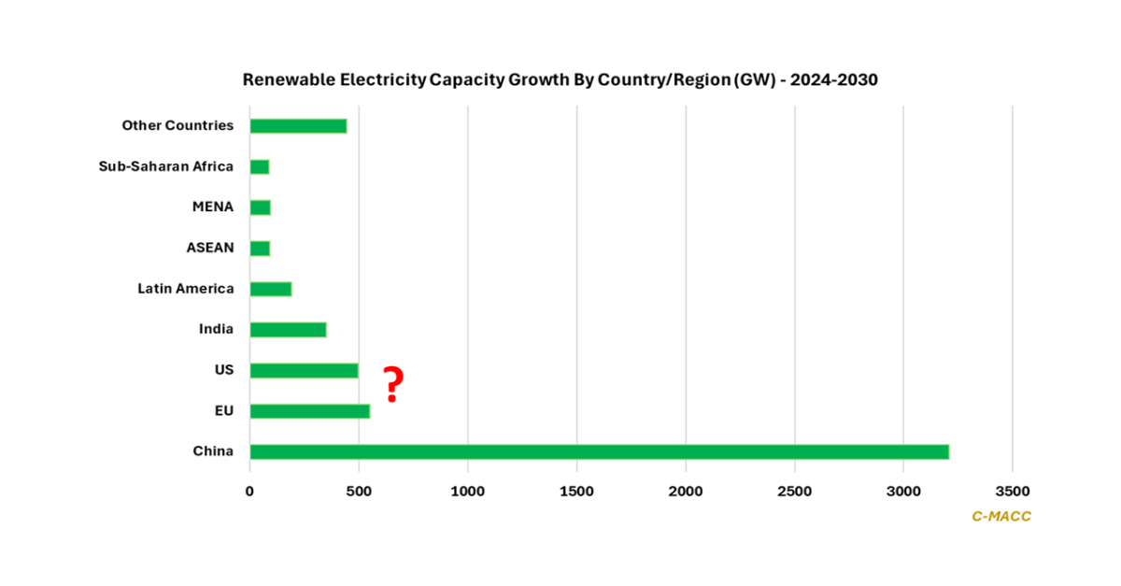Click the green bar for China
[x=599, y=452]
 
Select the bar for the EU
[x=309, y=411]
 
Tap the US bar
[x=304, y=370]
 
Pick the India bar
[x=288, y=330]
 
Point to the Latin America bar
[x=271, y=289]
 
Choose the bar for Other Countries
[x=298, y=126]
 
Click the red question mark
[x=393, y=385]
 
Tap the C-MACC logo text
[x=1001, y=516]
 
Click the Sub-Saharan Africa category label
[x=166, y=166]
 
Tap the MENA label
[x=213, y=207]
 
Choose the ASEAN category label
[x=210, y=248]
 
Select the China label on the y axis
[x=213, y=451]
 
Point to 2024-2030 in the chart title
[x=833, y=80]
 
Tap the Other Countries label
[x=177, y=125]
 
